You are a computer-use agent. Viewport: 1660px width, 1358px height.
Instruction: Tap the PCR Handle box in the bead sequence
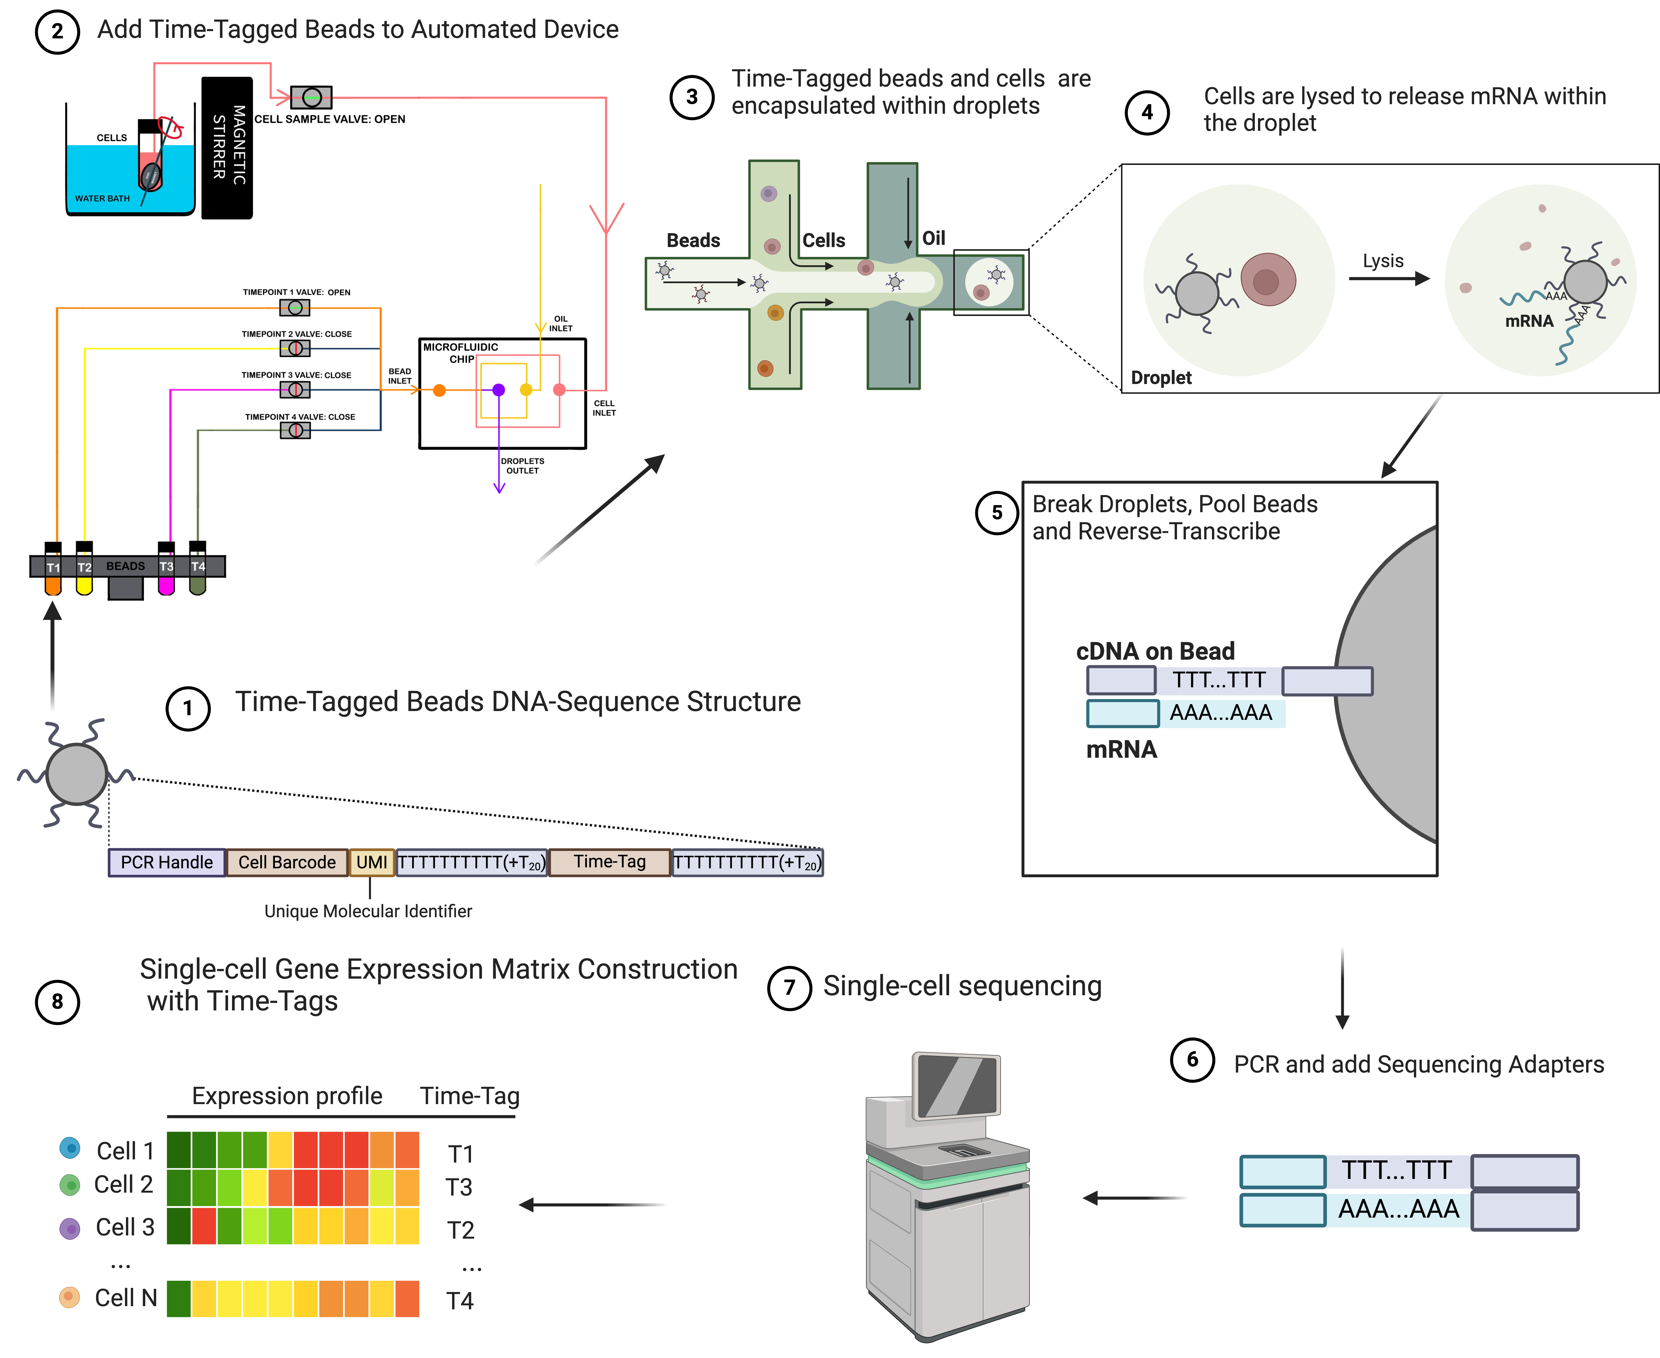[167, 862]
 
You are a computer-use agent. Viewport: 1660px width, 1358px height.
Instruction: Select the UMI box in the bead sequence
[371, 862]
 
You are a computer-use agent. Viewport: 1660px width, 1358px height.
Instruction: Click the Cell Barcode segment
[287, 862]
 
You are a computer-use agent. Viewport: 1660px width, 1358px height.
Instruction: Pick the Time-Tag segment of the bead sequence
[610, 862]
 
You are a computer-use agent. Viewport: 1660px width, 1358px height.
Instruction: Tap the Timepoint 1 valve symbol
[295, 307]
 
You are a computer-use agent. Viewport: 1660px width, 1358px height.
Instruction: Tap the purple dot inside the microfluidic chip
[498, 390]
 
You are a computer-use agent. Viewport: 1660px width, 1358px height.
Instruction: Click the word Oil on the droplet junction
[934, 238]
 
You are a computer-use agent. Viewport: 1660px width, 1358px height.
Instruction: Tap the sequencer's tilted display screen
[958, 1086]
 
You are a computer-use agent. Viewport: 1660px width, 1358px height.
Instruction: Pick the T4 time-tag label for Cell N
[460, 1301]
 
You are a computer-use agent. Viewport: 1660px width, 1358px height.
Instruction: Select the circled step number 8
[57, 1002]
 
